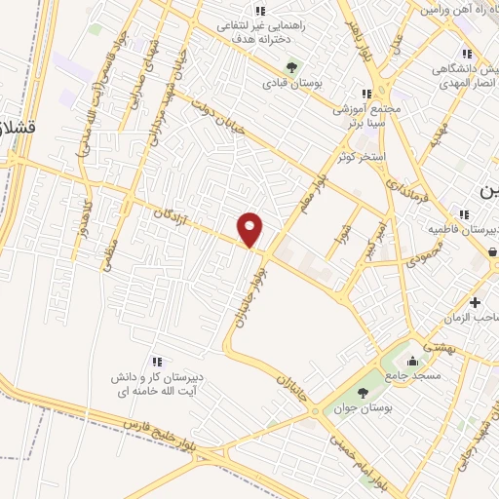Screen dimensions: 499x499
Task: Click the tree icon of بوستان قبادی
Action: (290, 67)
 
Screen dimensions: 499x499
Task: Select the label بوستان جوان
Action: (365, 409)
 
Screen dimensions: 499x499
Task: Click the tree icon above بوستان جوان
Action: (364, 393)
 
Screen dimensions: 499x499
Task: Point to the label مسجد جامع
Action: (412, 375)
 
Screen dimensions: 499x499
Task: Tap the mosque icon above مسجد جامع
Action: (412, 358)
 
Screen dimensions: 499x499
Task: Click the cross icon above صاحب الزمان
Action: (475, 302)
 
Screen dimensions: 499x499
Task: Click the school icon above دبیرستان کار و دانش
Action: (157, 362)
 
